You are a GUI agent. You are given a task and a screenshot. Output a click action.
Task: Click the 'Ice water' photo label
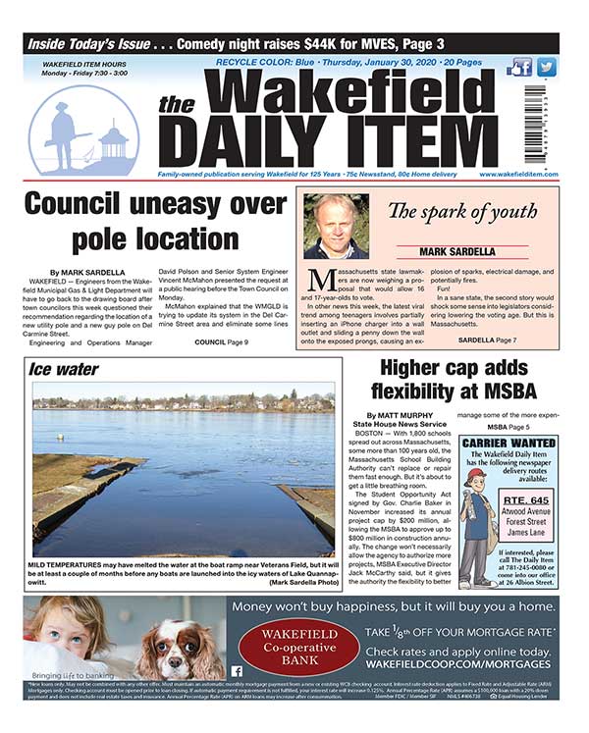[x=63, y=370]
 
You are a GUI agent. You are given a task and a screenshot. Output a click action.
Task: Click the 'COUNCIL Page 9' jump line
[x=222, y=340]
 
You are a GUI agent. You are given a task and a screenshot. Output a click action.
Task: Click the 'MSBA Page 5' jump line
[x=509, y=427]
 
